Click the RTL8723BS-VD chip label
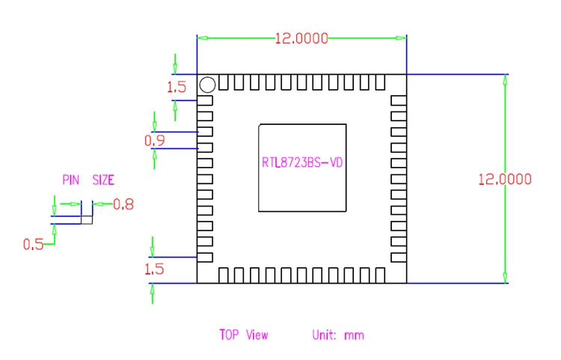[302, 163]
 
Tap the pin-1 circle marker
[207, 85]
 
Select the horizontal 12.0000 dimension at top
[301, 38]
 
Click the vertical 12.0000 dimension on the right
[505, 179]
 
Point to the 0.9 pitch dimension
[155, 141]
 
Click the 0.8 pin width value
[123, 204]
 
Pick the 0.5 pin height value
[33, 245]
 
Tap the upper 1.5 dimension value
[177, 87]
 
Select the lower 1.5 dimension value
[154, 269]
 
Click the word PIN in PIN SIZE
[71, 180]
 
